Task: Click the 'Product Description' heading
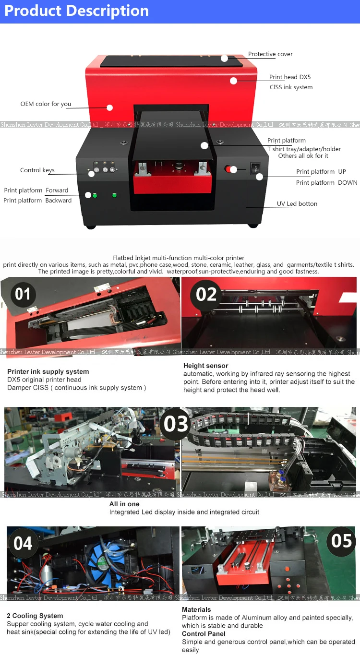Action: click(x=77, y=11)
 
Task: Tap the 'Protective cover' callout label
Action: click(x=270, y=54)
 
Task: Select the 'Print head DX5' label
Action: click(x=290, y=77)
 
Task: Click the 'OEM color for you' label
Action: click(x=46, y=104)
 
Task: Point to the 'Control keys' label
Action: click(x=37, y=170)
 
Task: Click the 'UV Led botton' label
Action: click(x=297, y=204)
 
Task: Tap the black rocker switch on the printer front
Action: click(x=255, y=168)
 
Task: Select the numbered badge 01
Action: click(x=23, y=294)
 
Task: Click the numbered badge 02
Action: click(x=206, y=294)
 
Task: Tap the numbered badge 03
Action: click(x=176, y=424)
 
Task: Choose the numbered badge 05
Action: click(x=341, y=541)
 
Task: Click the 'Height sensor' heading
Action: click(x=205, y=366)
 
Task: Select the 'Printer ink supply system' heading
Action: click(x=48, y=371)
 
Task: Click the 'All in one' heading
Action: click(x=124, y=504)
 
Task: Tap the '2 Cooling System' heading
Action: click(x=35, y=616)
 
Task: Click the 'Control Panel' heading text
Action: click(x=204, y=634)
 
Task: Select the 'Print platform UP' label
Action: click(x=321, y=172)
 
